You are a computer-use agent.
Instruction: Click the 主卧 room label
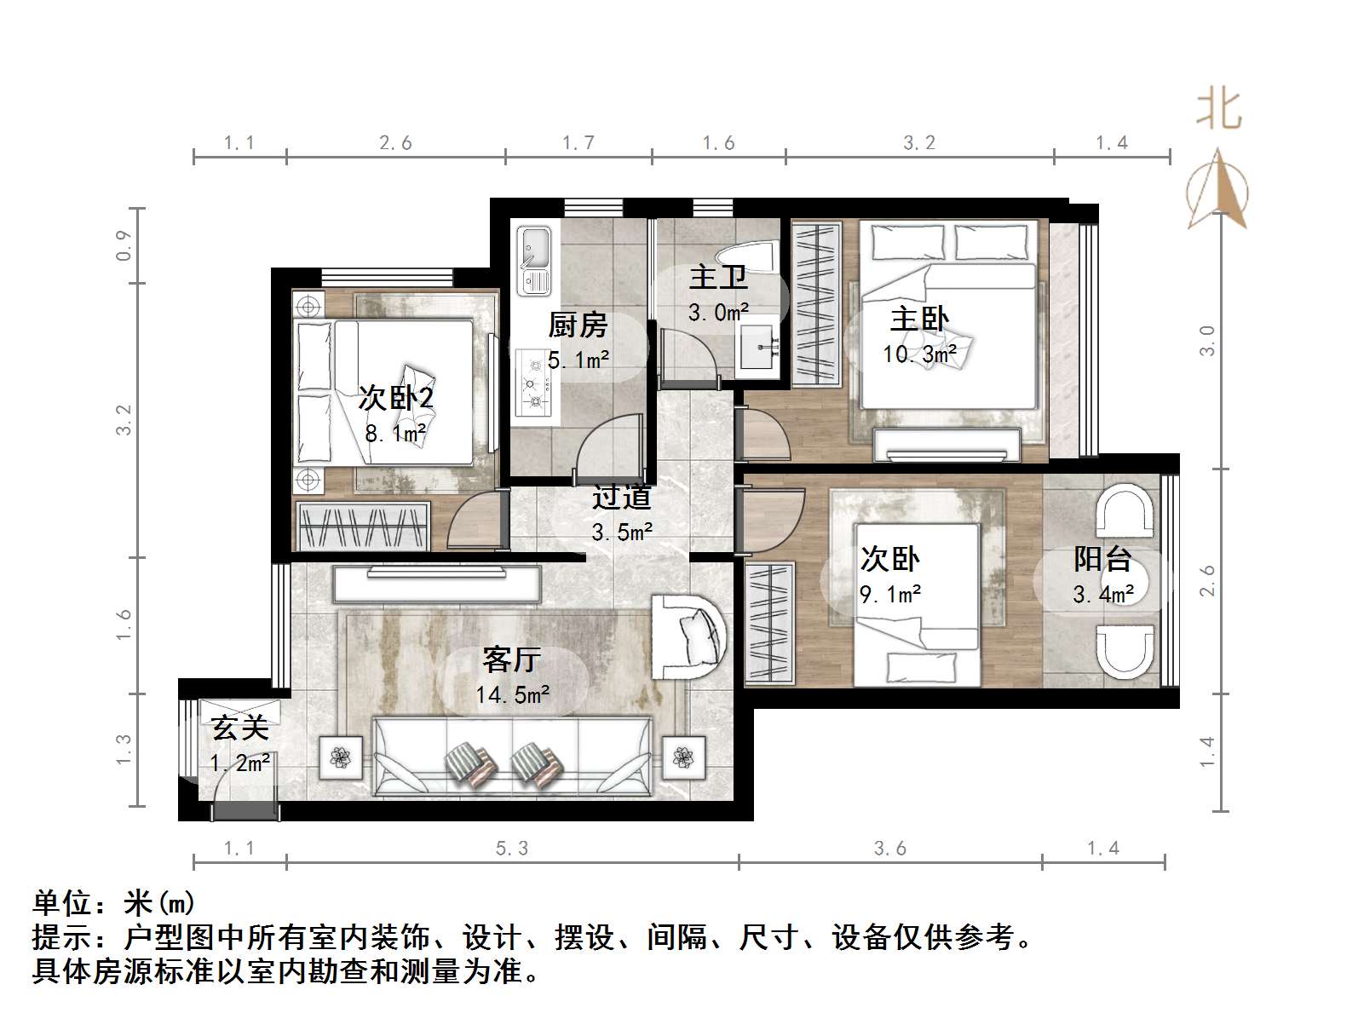point(918,320)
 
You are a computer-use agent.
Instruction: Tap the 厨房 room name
point(578,325)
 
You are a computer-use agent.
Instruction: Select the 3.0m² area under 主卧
point(718,313)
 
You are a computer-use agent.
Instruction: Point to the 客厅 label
point(511,659)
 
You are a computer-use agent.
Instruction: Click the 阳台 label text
point(1102,560)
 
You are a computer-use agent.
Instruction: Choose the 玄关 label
point(240,728)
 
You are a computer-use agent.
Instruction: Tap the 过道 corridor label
point(622,497)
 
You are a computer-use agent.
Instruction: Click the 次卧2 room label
point(395,398)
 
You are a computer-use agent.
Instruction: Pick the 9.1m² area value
point(890,595)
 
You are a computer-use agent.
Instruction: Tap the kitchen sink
point(535,260)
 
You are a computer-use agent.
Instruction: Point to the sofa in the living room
point(511,758)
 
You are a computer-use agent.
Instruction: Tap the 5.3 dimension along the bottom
point(511,848)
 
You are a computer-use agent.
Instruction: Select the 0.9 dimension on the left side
point(124,245)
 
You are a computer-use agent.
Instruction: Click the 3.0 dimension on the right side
point(1207,341)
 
